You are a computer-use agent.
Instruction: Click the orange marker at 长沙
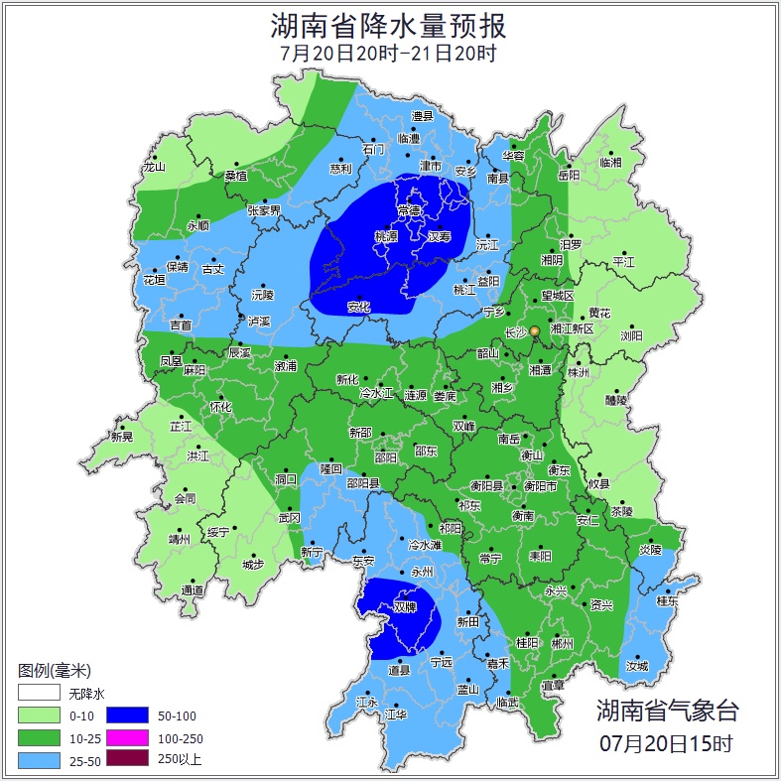pyautogui.click(x=535, y=330)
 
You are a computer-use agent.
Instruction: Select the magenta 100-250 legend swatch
pyautogui.click(x=127, y=737)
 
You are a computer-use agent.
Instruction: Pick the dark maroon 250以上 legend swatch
pyautogui.click(x=127, y=759)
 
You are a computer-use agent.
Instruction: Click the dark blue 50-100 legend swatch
pyautogui.click(x=127, y=715)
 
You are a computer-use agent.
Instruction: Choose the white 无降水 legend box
pyautogui.click(x=39, y=693)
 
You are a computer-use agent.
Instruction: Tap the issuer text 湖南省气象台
pyautogui.click(x=667, y=710)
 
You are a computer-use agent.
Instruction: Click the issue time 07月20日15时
pyautogui.click(x=667, y=742)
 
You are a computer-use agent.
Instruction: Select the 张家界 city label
pyautogui.click(x=264, y=210)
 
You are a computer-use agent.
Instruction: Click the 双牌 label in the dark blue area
pyautogui.click(x=404, y=606)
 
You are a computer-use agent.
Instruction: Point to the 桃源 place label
pyautogui.click(x=385, y=237)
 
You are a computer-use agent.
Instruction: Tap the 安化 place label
pyautogui.click(x=358, y=307)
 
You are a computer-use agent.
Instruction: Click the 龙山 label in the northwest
pyautogui.click(x=154, y=167)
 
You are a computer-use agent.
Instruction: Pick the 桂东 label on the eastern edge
pyautogui.click(x=667, y=600)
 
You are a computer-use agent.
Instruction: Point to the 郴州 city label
pyautogui.click(x=562, y=643)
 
